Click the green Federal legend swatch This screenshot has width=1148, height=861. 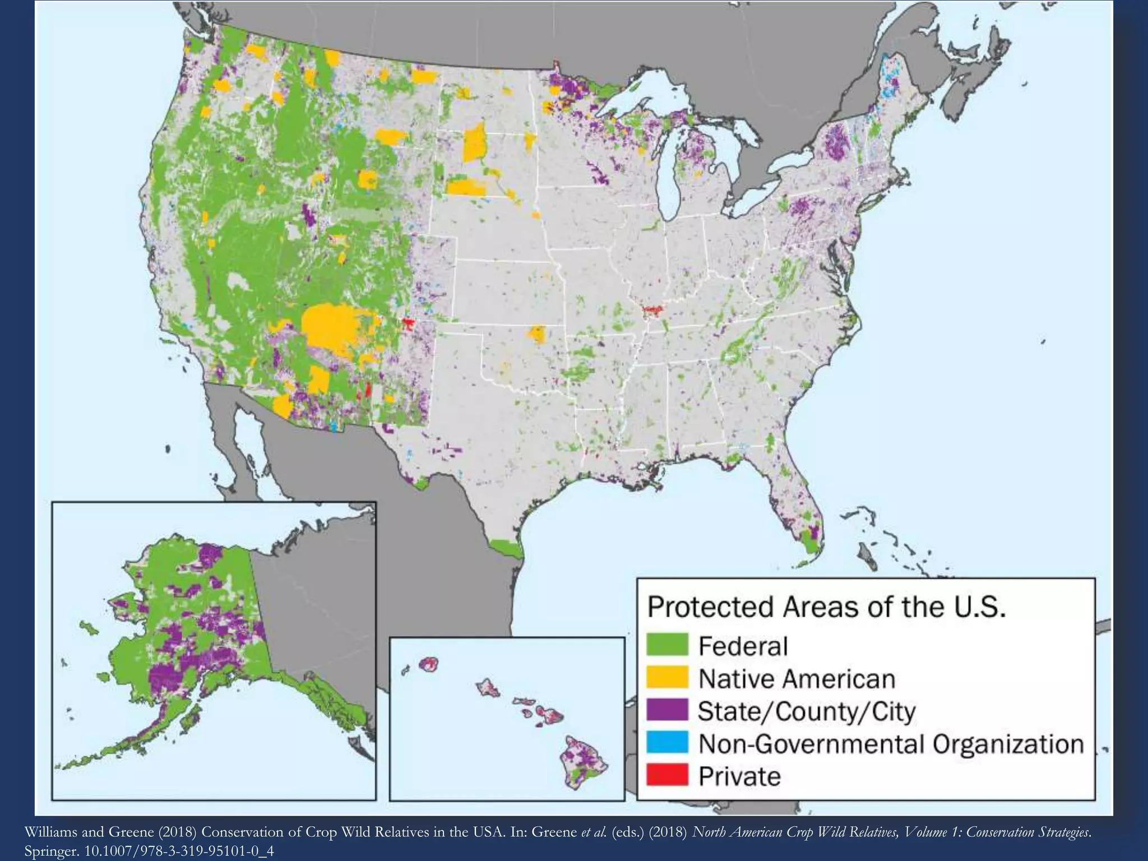point(666,645)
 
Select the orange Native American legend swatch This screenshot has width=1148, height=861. point(666,678)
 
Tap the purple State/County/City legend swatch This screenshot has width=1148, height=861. point(666,710)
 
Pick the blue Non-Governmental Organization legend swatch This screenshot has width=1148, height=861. point(666,743)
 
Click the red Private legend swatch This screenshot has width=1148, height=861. point(666,776)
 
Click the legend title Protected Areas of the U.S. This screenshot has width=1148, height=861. point(826,608)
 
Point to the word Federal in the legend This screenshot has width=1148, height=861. point(743,646)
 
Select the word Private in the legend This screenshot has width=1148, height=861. point(739,777)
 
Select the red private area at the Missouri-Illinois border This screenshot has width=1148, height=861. point(652,309)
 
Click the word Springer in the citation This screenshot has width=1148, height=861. point(51,851)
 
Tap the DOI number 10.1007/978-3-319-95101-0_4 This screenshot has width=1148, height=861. point(179,851)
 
